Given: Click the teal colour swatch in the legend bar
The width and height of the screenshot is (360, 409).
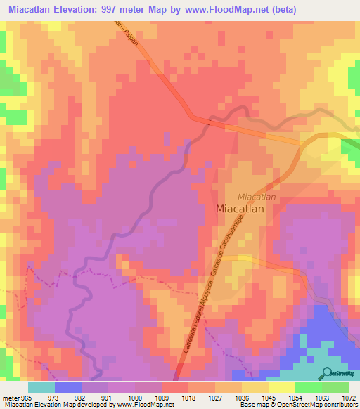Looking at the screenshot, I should (41, 387).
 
